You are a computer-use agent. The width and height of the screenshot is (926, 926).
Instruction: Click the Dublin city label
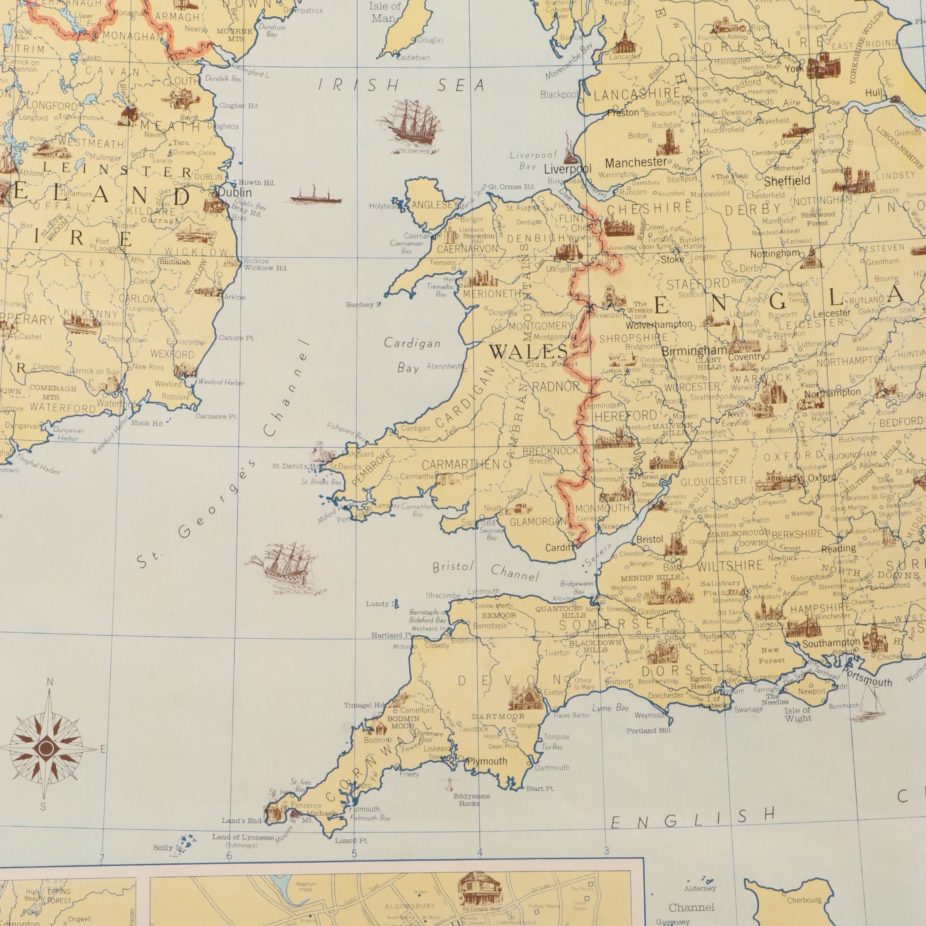235,192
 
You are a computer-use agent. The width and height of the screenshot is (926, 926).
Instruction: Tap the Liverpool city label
568,169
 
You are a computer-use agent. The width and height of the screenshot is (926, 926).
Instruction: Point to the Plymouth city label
487,761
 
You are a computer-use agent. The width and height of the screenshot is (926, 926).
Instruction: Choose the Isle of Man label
385,13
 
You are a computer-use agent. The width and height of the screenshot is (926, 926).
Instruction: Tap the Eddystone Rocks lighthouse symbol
450,784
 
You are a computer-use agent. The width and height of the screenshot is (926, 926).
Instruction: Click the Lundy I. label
379,604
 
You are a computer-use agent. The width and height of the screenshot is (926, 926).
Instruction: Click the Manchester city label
636,162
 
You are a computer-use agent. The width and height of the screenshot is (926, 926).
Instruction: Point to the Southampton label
825,643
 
